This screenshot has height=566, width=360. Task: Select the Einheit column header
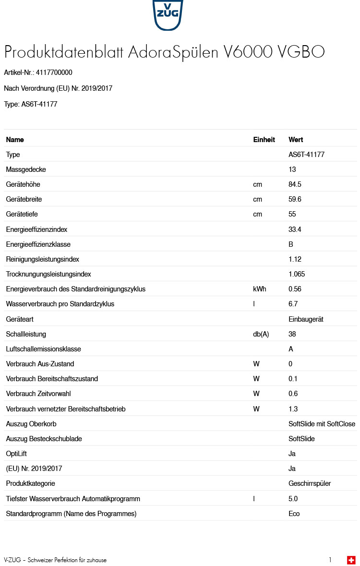click(264, 140)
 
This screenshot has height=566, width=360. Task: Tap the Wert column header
click(296, 140)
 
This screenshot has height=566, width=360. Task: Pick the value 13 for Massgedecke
click(292, 169)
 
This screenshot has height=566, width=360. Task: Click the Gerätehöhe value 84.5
click(295, 184)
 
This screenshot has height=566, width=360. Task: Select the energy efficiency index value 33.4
click(295, 229)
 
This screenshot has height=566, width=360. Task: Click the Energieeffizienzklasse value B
click(291, 244)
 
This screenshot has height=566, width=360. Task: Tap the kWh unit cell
click(260, 289)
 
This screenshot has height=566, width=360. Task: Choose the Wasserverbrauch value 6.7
click(293, 304)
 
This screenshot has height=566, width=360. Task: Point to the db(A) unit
click(261, 334)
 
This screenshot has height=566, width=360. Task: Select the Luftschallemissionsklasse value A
click(291, 349)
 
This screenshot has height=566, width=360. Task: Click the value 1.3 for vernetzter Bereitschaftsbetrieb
click(293, 409)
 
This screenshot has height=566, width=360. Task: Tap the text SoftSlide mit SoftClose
click(322, 424)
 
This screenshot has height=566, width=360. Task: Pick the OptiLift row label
click(16, 454)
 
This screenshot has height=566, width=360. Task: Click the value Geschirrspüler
click(310, 483)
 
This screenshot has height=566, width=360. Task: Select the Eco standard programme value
click(294, 514)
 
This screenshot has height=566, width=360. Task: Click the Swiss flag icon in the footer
click(351, 560)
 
